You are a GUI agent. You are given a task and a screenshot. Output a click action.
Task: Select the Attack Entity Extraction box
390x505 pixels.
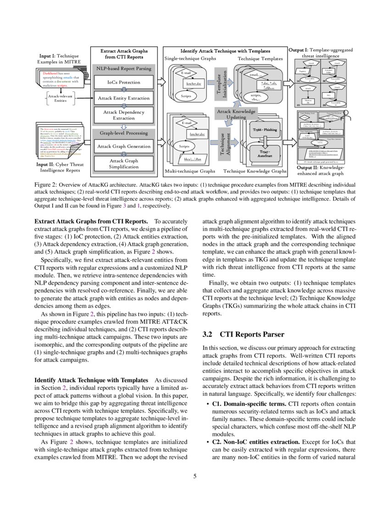coord(123,98)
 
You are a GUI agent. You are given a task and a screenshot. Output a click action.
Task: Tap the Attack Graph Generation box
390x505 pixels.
coord(123,146)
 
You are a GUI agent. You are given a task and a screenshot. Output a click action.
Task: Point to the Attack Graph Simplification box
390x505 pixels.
coord(123,164)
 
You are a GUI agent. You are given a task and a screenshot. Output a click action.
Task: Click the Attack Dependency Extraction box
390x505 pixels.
coord(123,115)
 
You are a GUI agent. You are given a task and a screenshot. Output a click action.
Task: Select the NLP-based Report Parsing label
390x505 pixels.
coord(123,68)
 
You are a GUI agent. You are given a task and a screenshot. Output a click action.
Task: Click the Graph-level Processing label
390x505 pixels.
coord(123,133)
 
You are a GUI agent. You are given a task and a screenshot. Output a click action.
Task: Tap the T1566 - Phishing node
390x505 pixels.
coord(265,130)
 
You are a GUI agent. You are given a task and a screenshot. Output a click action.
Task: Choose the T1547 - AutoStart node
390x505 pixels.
coord(265,153)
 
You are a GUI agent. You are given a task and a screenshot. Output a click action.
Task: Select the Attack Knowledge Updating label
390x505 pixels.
coord(236,114)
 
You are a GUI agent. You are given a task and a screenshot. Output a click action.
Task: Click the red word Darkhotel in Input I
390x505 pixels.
coord(50,73)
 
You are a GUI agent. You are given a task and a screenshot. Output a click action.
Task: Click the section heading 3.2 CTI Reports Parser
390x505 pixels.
coord(243,335)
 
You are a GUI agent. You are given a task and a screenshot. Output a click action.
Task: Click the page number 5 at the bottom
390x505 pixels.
coord(195,476)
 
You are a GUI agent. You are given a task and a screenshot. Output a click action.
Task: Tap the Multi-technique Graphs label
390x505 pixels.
coord(189,171)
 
